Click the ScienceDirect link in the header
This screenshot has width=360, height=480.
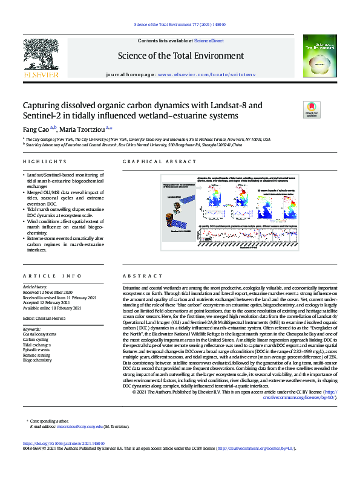[x=209, y=41]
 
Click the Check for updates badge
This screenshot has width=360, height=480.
[x=312, y=109]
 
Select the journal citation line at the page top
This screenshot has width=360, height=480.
[x=179, y=24]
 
